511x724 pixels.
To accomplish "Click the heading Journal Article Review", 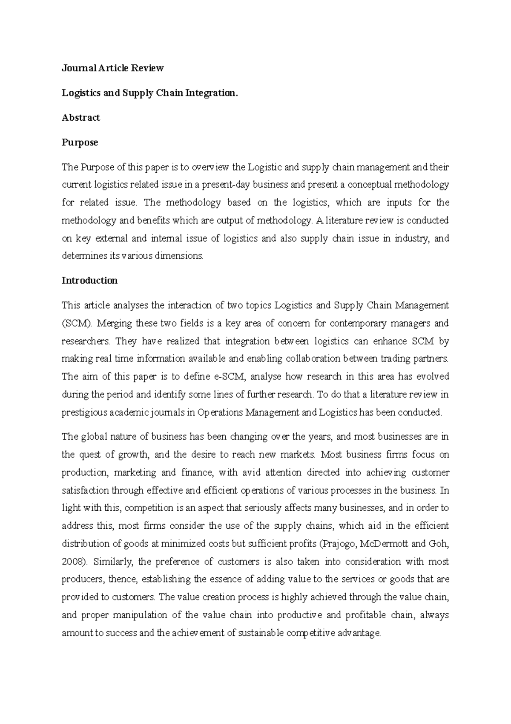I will pos(112,68).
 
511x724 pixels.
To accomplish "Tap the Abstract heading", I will pos(80,118).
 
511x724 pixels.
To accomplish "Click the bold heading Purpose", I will pos(80,142).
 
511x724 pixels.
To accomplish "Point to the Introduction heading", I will pos(89,281).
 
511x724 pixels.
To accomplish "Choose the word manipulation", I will pos(138,615).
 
